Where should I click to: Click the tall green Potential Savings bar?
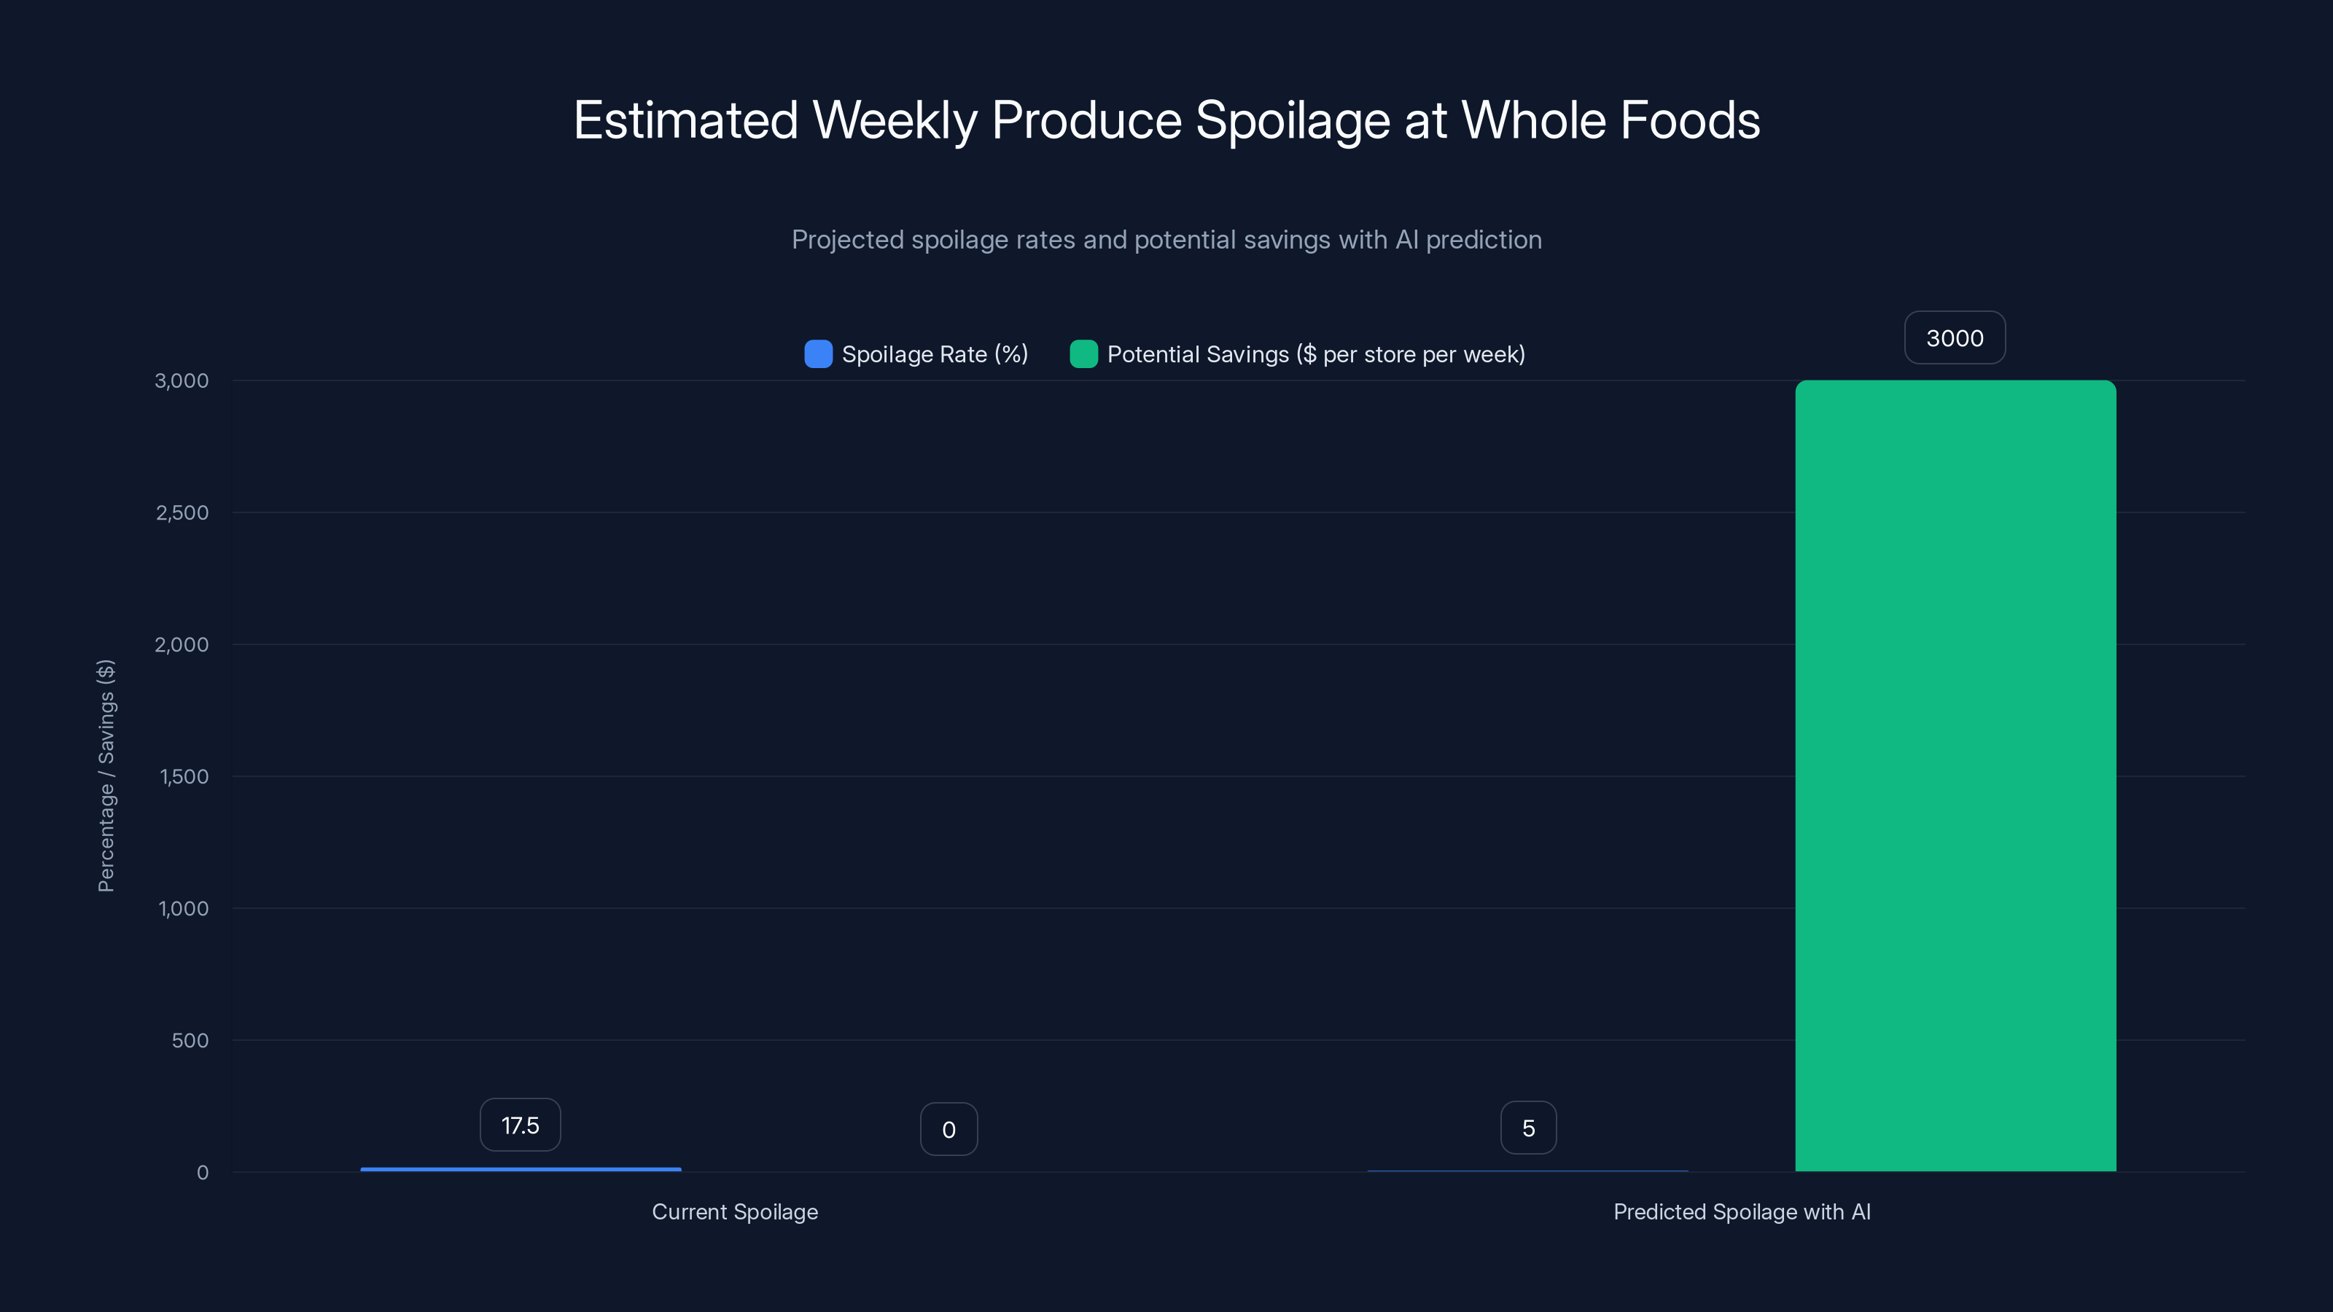coord(1955,775)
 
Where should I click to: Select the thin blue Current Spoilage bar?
coord(521,1169)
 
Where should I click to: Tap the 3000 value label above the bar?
coord(1955,337)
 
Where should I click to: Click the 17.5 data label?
coord(520,1125)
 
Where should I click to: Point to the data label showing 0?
coord(949,1129)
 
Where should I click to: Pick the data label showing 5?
coord(1528,1128)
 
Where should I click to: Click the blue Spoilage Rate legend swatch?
coord(818,354)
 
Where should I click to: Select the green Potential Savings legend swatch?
coord(1083,354)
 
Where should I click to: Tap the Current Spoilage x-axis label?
coord(734,1211)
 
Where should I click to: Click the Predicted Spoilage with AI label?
coord(1742,1211)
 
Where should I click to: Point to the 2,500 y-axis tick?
coord(182,512)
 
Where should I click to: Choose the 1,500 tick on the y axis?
coord(184,777)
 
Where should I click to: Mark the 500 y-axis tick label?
coord(190,1040)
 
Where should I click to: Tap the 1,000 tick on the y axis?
coord(184,908)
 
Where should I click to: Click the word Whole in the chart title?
coord(1532,120)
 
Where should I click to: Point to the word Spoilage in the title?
coord(1293,120)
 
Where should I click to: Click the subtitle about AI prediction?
coord(1166,240)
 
